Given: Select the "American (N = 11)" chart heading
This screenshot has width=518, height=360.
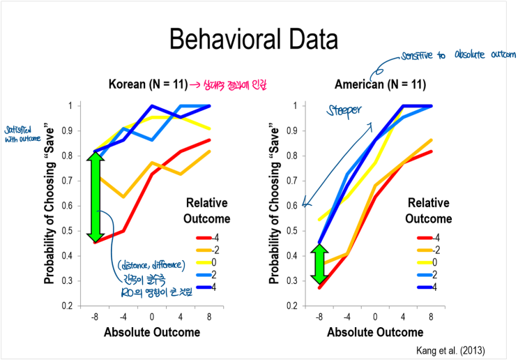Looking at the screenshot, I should tap(380, 85).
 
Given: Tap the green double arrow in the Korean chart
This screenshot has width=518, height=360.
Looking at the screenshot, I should tap(96, 197).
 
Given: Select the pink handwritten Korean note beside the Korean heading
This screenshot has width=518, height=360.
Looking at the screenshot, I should tap(227, 85).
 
